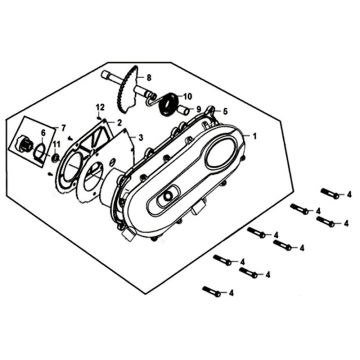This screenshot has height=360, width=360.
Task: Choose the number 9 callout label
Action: (199, 109)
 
